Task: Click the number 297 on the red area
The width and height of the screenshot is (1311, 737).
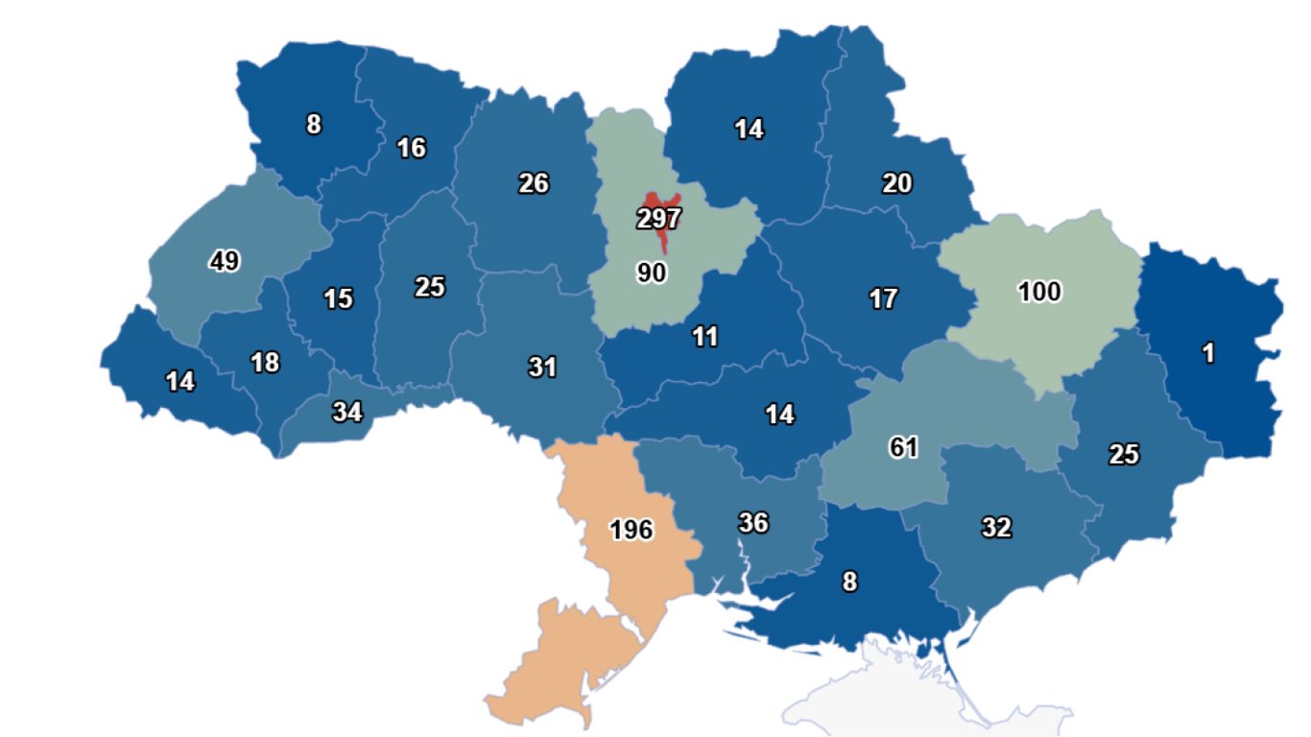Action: [x=658, y=219]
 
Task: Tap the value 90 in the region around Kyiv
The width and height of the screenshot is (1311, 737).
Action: [x=651, y=273]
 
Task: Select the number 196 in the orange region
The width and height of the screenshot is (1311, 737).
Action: [x=631, y=530]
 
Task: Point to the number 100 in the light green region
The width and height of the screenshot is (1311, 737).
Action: [x=1039, y=292]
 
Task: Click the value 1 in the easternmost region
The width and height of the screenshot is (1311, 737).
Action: [x=1208, y=353]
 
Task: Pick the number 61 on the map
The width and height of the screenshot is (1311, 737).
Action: [x=903, y=447]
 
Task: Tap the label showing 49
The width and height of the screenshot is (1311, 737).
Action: [x=225, y=261]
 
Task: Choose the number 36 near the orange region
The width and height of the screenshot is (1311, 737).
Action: [x=753, y=523]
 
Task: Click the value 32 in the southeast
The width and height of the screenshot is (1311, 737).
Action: [x=996, y=527]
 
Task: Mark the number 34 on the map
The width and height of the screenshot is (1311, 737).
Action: [x=346, y=413]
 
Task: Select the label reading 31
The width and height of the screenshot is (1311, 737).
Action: [x=542, y=367]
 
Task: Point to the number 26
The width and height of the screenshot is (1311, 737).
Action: [x=534, y=183]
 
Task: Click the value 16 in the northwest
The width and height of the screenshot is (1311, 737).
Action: [x=411, y=149]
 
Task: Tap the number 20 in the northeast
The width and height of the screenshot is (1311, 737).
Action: [x=897, y=183]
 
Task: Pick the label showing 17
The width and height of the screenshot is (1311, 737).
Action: [x=883, y=298]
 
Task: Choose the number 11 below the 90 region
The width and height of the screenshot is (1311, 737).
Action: [x=704, y=337]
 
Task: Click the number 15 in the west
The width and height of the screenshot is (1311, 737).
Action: [x=338, y=298]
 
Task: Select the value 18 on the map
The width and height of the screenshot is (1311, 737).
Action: [x=264, y=363]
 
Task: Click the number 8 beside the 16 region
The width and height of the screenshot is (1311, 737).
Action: [x=314, y=125]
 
